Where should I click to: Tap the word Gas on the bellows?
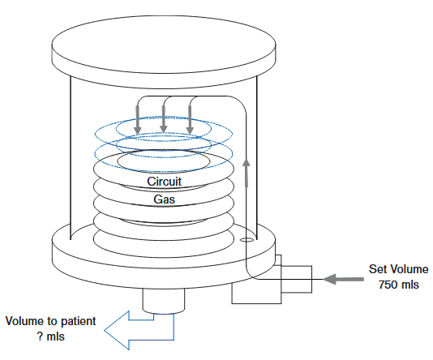(x=163, y=199)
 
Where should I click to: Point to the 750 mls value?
(x=397, y=285)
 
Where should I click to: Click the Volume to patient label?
(x=50, y=320)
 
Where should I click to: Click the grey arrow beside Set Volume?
(x=341, y=279)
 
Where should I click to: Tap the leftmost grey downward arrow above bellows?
(x=139, y=121)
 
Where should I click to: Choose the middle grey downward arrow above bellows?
(x=164, y=121)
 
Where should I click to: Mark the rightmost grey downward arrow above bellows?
(x=190, y=121)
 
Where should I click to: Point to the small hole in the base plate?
(x=246, y=240)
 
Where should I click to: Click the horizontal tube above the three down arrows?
(x=186, y=97)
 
